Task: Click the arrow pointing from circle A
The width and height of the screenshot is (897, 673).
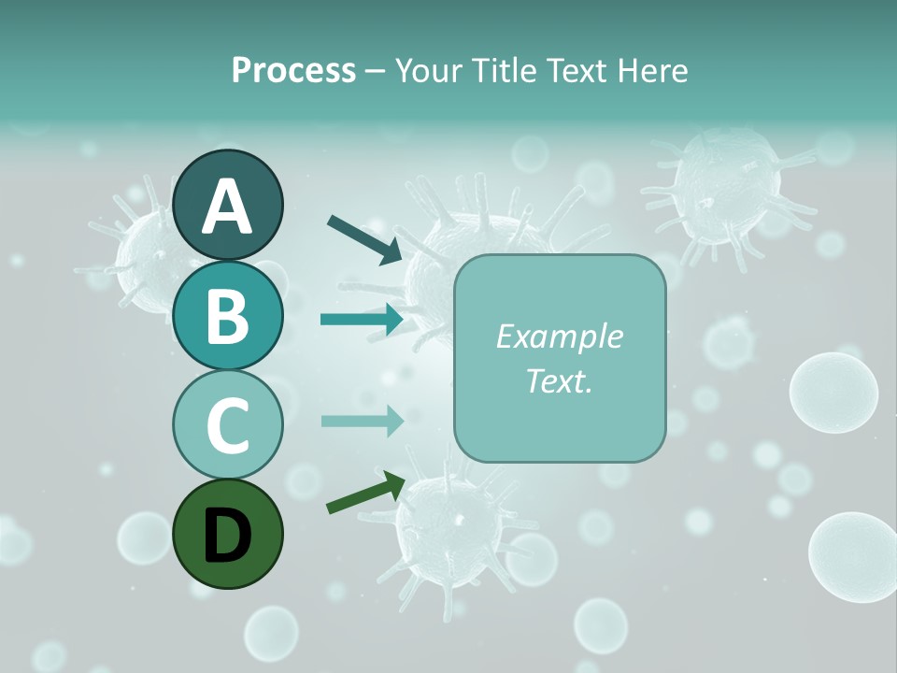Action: (x=365, y=238)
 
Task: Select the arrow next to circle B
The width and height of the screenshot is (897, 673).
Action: (x=362, y=319)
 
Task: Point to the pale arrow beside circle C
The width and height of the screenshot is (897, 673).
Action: (x=362, y=421)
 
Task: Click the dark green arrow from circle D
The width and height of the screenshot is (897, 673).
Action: (x=365, y=493)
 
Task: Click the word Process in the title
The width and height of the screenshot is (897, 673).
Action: (x=293, y=70)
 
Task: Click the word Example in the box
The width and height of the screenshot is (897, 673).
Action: (x=559, y=336)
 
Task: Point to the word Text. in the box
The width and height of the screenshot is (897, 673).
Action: (x=559, y=380)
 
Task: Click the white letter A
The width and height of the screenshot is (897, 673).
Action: (x=228, y=207)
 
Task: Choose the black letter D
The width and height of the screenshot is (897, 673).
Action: (x=228, y=535)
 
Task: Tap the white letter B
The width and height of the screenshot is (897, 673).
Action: (x=228, y=316)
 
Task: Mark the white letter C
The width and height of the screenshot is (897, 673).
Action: (x=228, y=425)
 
